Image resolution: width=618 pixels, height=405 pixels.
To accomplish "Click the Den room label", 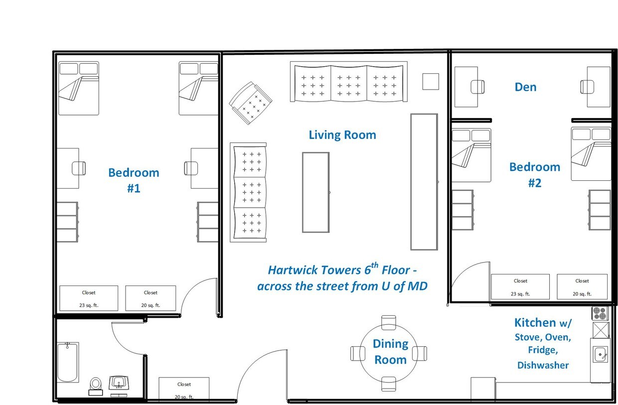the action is click(x=526, y=87).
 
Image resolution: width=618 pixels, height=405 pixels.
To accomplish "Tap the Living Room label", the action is click(x=342, y=135).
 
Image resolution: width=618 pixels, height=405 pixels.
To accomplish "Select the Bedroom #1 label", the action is click(x=134, y=180).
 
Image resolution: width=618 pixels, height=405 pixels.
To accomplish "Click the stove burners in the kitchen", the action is click(x=600, y=313).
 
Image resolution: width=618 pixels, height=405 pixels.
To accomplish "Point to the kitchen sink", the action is click(x=600, y=354).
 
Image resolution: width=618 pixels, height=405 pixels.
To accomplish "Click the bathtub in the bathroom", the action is click(x=68, y=362).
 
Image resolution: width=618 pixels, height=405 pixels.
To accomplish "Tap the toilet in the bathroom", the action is click(x=96, y=386).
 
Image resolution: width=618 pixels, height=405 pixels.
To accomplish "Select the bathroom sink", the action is click(x=119, y=383).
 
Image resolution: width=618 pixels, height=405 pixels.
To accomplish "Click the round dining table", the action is click(x=388, y=354).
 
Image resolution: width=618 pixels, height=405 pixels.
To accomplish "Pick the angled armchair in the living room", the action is click(x=251, y=103).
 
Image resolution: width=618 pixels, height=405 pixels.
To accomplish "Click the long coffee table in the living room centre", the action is click(x=316, y=192).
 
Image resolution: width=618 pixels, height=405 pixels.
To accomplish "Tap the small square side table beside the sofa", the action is click(x=431, y=81).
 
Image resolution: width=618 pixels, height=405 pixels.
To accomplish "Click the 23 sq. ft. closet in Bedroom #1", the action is click(x=89, y=298).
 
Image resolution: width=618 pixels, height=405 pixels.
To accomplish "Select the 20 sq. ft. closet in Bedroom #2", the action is click(x=582, y=287).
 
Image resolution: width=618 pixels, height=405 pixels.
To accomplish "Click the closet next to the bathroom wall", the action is click(x=184, y=389).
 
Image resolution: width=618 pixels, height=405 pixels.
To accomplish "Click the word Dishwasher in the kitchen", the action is click(x=543, y=365).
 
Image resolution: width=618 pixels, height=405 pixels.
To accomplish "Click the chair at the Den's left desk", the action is click(x=477, y=87).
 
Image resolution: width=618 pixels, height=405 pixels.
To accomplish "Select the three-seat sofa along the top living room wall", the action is click(x=349, y=82).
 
